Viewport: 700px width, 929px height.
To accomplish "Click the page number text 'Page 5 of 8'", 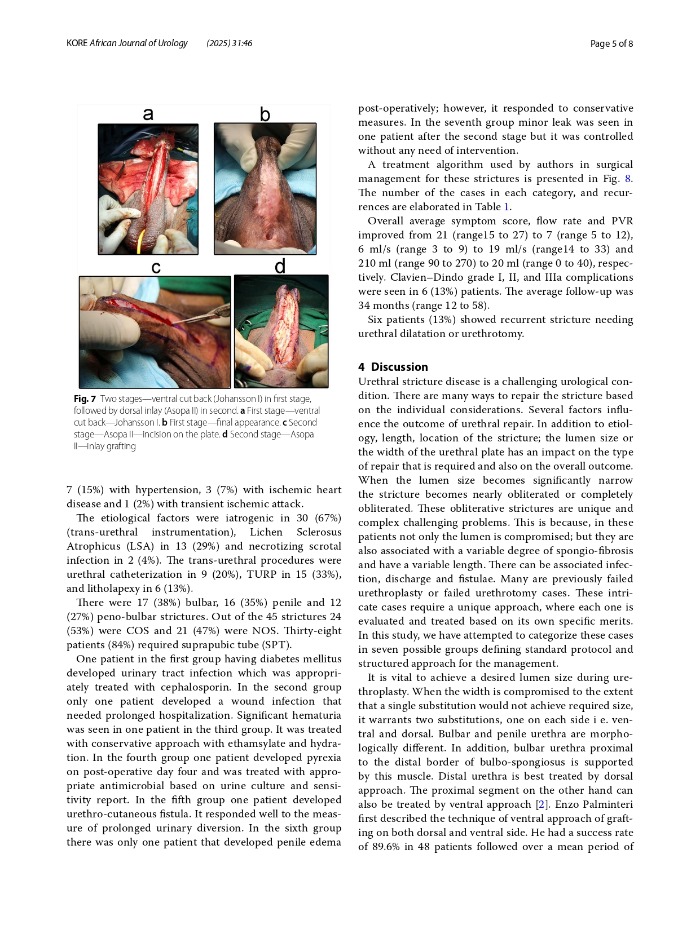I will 611,43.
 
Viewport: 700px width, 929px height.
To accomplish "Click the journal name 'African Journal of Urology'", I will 139,43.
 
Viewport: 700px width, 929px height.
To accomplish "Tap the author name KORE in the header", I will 77,43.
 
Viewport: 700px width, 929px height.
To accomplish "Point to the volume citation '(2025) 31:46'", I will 230,43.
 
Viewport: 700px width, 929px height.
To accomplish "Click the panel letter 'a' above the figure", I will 148,114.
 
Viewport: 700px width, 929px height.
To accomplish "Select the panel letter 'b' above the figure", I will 265,114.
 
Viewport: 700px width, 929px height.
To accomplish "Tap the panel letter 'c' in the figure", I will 156,267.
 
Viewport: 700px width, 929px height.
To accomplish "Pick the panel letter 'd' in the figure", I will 280,266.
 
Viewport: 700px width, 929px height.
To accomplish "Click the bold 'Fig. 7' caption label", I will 85,399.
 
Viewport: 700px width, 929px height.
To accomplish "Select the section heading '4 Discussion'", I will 393,367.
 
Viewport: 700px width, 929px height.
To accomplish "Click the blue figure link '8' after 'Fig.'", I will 628,179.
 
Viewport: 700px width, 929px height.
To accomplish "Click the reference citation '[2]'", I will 541,804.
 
